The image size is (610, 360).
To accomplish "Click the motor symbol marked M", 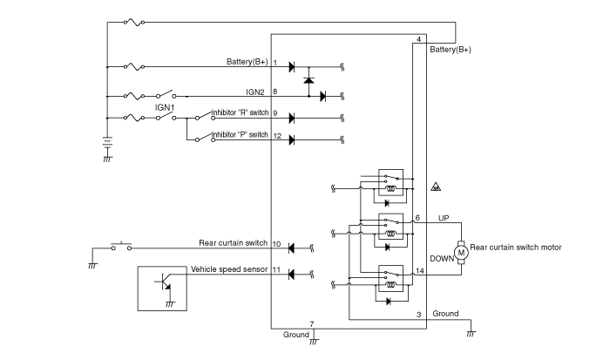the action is point(461,253).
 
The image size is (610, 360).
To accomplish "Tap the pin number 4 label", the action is point(418,39).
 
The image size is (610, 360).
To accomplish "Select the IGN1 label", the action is point(165,107).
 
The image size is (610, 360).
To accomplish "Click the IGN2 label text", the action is point(255,92).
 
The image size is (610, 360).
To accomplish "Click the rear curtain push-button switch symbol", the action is point(121,247).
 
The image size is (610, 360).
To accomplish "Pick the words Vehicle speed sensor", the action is point(229,269).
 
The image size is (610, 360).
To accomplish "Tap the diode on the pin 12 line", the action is point(291,140).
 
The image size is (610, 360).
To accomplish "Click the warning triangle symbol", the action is point(436,187).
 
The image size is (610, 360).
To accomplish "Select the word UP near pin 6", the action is point(444,218).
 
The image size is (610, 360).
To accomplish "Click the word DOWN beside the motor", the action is point(442,258).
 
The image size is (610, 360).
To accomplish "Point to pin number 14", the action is point(420,271).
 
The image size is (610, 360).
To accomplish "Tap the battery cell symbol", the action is point(107,142).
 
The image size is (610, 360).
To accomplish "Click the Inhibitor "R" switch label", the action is point(240,112).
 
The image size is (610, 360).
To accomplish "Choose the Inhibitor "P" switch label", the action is point(240,134).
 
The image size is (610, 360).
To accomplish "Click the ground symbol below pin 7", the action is point(314,342).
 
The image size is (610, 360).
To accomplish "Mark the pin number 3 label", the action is point(418,315).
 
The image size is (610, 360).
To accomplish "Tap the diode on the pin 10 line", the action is point(291,248).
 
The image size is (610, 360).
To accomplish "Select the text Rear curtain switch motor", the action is point(516,248).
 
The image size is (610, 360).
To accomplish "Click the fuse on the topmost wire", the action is point(134,23).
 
